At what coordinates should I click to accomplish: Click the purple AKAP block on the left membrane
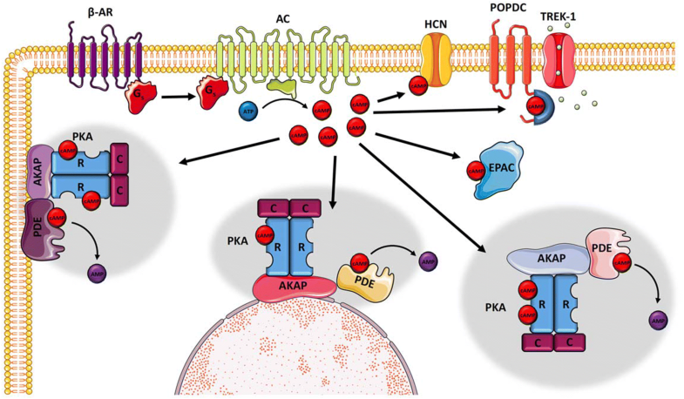(x=39, y=172)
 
